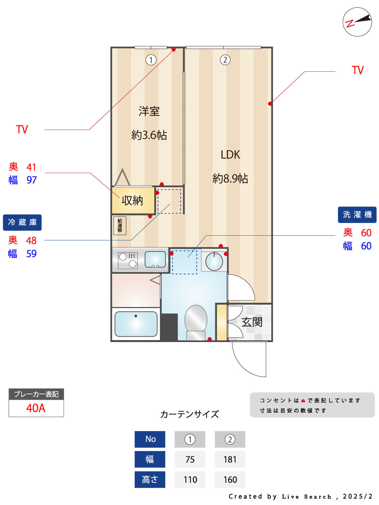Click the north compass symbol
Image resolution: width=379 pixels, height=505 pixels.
pyautogui.click(x=357, y=22)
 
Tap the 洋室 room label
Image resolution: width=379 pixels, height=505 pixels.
pyautogui.click(x=149, y=111)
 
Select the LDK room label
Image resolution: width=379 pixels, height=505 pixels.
pyautogui.click(x=230, y=155)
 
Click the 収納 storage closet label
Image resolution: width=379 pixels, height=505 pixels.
pyautogui.click(x=132, y=201)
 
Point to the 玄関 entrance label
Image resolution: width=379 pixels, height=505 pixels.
pyautogui.click(x=252, y=322)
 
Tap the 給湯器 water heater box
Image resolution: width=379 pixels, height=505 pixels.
pyautogui.click(x=120, y=225)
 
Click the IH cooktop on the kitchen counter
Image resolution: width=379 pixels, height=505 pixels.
pyautogui.click(x=128, y=261)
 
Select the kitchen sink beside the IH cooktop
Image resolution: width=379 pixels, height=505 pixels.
pyautogui.click(x=155, y=260)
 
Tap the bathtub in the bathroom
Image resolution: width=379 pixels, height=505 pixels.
pyautogui.click(x=136, y=324)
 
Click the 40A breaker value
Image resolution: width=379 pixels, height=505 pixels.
pyautogui.click(x=36, y=408)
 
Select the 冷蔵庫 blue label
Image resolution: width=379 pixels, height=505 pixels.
pyautogui.click(x=22, y=223)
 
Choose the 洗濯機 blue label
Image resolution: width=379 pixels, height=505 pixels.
pyautogui.click(x=357, y=215)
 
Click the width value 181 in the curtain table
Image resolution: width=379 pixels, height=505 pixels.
pyautogui.click(x=230, y=460)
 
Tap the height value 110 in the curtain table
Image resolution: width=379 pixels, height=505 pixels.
pyautogui.click(x=190, y=480)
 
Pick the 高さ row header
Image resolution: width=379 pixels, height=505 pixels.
pyautogui.click(x=150, y=480)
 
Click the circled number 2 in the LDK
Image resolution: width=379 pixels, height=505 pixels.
pyautogui.click(x=225, y=60)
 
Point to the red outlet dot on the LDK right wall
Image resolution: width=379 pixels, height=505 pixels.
pyautogui.click(x=270, y=103)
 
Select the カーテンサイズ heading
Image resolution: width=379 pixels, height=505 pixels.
pyautogui.click(x=190, y=414)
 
